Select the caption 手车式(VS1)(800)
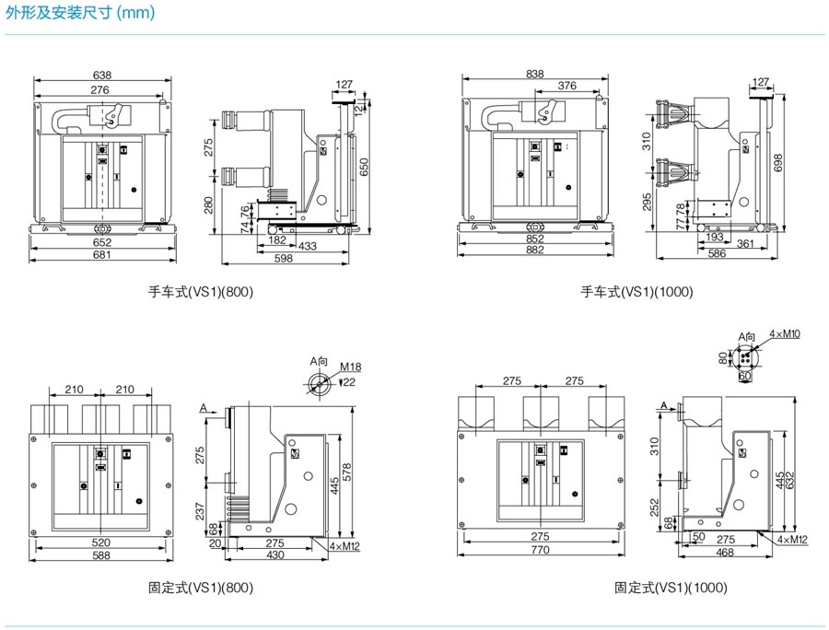coord(201,292)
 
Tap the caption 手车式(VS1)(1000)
coord(636,292)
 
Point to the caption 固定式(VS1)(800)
coord(201,587)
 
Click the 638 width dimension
coord(102,76)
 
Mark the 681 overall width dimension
coord(101,254)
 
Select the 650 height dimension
coord(365,167)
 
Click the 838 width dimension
coord(534,75)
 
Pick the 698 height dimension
coord(780,163)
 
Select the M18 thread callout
coord(347,367)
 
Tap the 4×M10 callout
coord(785,333)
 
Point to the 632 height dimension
coord(790,479)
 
